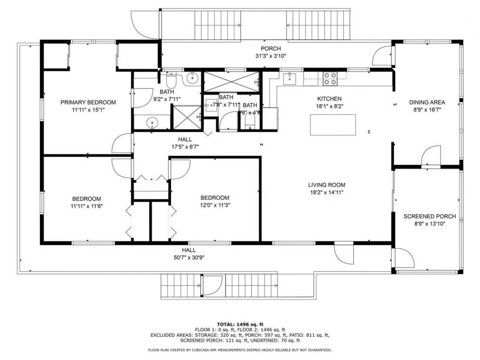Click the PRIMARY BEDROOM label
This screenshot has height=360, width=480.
88,102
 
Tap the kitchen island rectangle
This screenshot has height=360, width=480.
333,125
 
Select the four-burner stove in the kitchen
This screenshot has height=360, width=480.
330,79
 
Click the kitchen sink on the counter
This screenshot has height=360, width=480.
289,79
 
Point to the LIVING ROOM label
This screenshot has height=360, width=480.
326,185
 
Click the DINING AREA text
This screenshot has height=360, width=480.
427,102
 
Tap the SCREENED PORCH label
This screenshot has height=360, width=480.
429,216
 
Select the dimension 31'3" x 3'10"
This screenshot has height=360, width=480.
271,56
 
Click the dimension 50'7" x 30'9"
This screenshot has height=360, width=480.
189,257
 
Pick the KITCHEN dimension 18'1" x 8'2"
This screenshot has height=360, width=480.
329,106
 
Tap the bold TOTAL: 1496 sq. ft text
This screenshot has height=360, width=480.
240,324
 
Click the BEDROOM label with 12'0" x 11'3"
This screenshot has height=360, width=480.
214,198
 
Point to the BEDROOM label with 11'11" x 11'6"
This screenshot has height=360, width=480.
87,199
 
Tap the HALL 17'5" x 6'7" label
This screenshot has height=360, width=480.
185,139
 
